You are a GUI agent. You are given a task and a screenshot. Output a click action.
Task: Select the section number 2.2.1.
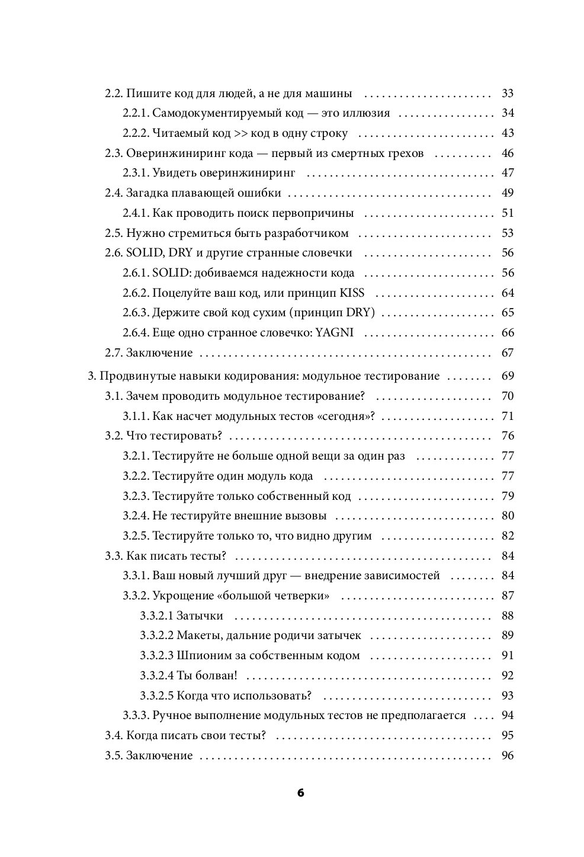point(136,113)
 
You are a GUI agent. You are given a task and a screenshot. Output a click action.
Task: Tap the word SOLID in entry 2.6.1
point(169,273)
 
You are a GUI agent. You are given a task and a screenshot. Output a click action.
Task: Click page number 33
point(507,94)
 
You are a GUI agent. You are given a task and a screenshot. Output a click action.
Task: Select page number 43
point(507,133)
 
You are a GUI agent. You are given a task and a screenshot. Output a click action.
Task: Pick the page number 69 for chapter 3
point(507,376)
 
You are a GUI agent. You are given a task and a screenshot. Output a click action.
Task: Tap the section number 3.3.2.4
point(157,676)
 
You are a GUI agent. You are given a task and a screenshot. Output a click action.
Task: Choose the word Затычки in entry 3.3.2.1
point(200,616)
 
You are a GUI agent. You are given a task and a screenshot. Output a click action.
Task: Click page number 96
point(507,756)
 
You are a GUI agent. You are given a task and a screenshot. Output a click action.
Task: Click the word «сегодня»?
point(347,416)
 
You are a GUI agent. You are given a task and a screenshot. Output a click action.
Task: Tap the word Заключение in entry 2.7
point(159,353)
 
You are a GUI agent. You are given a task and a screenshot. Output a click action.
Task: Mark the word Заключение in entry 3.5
point(159,756)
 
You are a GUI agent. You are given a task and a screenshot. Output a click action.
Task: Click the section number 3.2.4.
point(136,516)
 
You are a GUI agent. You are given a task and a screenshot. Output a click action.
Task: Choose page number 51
point(507,213)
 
